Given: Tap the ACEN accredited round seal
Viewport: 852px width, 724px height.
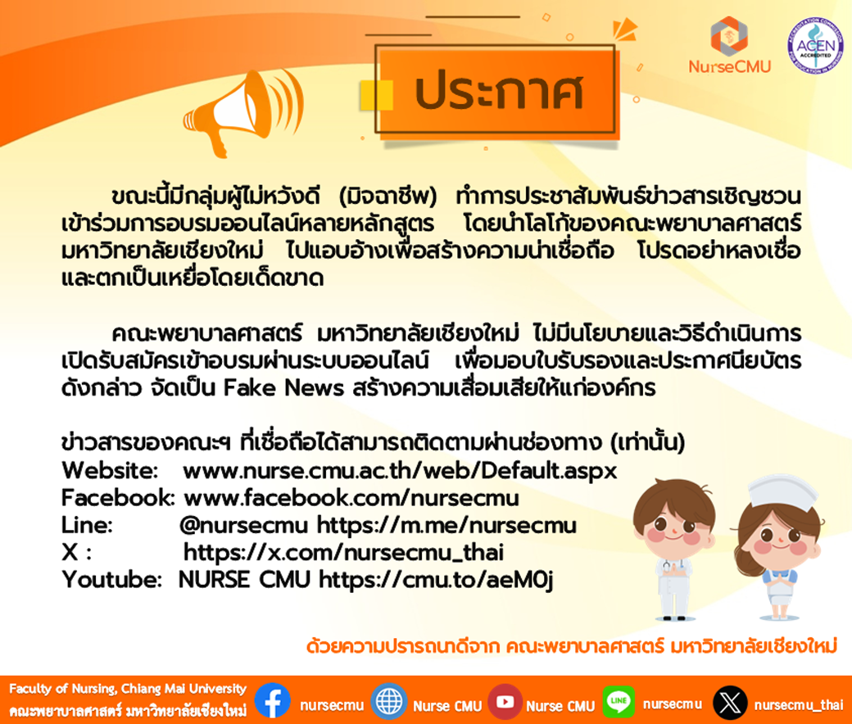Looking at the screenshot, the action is pyautogui.click(x=815, y=46).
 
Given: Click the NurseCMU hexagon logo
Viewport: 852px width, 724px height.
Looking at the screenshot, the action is pyautogui.click(x=729, y=35).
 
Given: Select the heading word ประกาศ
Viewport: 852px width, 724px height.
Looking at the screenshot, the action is pyautogui.click(x=500, y=91).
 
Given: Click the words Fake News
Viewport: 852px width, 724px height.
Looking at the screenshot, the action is pyautogui.click(x=283, y=388).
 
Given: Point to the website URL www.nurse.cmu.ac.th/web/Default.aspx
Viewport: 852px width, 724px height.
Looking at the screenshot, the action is pyautogui.click(x=400, y=470).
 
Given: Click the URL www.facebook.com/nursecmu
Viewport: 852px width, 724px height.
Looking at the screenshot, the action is pyautogui.click(x=351, y=497).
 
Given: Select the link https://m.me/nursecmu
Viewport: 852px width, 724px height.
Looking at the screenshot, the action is pyautogui.click(x=446, y=525).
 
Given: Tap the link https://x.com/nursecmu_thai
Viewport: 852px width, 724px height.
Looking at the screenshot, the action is pyautogui.click(x=343, y=552).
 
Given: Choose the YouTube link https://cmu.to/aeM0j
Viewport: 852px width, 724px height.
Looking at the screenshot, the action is pyautogui.click(x=436, y=580).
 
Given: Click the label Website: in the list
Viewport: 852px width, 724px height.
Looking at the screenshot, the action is pyautogui.click(x=110, y=470).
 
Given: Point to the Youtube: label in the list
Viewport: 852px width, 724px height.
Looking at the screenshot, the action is pyautogui.click(x=112, y=580).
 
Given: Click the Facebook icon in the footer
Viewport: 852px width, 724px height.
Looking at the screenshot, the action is pyautogui.click(x=272, y=700).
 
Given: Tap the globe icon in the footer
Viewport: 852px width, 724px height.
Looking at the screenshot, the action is pyautogui.click(x=389, y=701).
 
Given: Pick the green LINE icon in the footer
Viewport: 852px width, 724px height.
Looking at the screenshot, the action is pyautogui.click(x=619, y=700).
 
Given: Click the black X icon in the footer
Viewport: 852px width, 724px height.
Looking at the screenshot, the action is pyautogui.click(x=730, y=702).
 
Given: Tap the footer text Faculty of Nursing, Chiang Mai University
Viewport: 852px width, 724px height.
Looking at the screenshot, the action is pyautogui.click(x=128, y=689).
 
